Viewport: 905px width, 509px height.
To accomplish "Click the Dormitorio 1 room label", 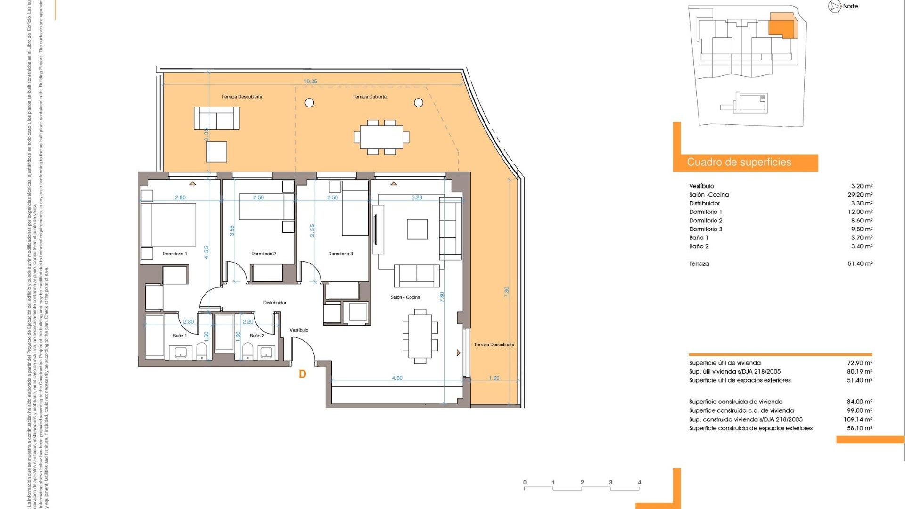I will click(x=174, y=254).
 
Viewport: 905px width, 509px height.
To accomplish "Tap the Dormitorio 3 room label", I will click(x=340, y=254).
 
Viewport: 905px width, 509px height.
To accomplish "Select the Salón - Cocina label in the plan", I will click(x=405, y=297).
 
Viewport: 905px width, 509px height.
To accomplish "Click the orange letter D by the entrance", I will click(x=303, y=374).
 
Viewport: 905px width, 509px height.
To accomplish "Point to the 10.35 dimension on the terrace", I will click(x=310, y=82).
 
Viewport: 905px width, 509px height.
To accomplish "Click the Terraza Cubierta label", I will click(x=370, y=97).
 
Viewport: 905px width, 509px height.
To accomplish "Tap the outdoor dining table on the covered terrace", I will click(x=381, y=137).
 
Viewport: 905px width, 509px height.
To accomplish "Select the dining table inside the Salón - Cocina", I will click(x=420, y=336).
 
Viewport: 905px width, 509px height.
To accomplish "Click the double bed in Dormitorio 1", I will click(x=168, y=224).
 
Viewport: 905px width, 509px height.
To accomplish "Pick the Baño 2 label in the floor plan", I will click(x=257, y=336).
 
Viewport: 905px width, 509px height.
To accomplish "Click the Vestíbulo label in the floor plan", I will click(x=299, y=330).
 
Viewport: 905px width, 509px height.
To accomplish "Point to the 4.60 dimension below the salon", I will click(x=397, y=378).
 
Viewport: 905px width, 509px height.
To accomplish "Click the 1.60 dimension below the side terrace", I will click(x=494, y=378).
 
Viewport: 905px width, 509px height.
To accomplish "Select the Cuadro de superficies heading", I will click(x=739, y=163).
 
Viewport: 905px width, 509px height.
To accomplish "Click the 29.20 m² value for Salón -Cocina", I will click(x=860, y=195).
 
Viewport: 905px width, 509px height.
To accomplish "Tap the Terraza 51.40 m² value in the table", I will click(x=860, y=264).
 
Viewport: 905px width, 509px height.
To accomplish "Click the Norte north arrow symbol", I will click(x=835, y=7).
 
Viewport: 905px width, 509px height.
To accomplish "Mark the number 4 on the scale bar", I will click(x=640, y=483).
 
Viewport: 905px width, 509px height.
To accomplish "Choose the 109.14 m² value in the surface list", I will click(x=858, y=419).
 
